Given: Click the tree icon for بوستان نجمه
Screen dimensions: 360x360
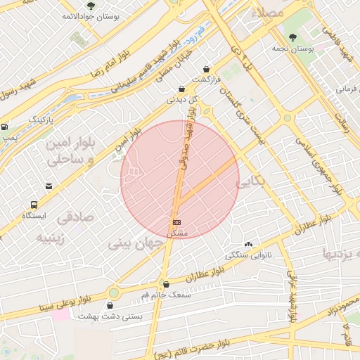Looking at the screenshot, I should (x=292, y=37).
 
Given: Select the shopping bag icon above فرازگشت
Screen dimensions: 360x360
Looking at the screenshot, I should (x=205, y=69).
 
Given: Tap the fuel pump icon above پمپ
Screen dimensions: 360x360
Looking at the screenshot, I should (x=5, y=127).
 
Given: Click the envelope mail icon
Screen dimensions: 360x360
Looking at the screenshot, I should (x=49, y=186).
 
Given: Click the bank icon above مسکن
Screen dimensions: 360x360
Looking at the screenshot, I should (x=176, y=222).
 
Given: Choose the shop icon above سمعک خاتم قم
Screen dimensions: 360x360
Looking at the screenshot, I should (x=166, y=284).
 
